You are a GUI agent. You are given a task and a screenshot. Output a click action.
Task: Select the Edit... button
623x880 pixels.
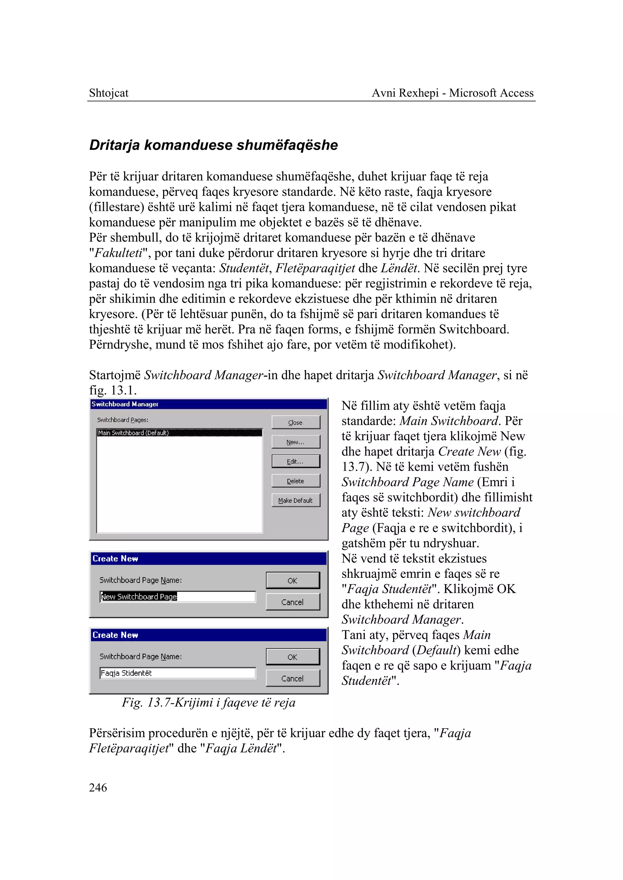click(295, 461)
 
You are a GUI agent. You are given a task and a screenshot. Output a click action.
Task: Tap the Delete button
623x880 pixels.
click(295, 481)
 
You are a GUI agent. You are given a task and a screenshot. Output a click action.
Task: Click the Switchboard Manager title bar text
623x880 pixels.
click(125, 404)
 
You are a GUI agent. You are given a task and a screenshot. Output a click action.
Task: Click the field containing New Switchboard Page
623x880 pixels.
click(178, 597)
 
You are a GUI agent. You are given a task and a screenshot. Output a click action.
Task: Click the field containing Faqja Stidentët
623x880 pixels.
click(178, 673)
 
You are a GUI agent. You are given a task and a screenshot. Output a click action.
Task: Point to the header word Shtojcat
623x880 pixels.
click(109, 93)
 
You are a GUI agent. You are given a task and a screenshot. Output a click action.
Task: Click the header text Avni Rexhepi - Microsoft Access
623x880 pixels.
click(453, 93)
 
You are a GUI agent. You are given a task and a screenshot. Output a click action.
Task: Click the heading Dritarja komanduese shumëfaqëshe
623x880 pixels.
click(213, 145)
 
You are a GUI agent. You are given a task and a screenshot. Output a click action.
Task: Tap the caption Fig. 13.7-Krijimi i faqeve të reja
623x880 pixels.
click(209, 703)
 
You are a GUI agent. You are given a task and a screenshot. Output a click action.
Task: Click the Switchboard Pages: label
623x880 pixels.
click(123, 420)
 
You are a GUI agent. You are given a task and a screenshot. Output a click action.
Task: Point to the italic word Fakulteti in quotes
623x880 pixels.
click(118, 253)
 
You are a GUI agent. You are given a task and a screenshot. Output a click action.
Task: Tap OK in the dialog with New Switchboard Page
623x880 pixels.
click(292, 581)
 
